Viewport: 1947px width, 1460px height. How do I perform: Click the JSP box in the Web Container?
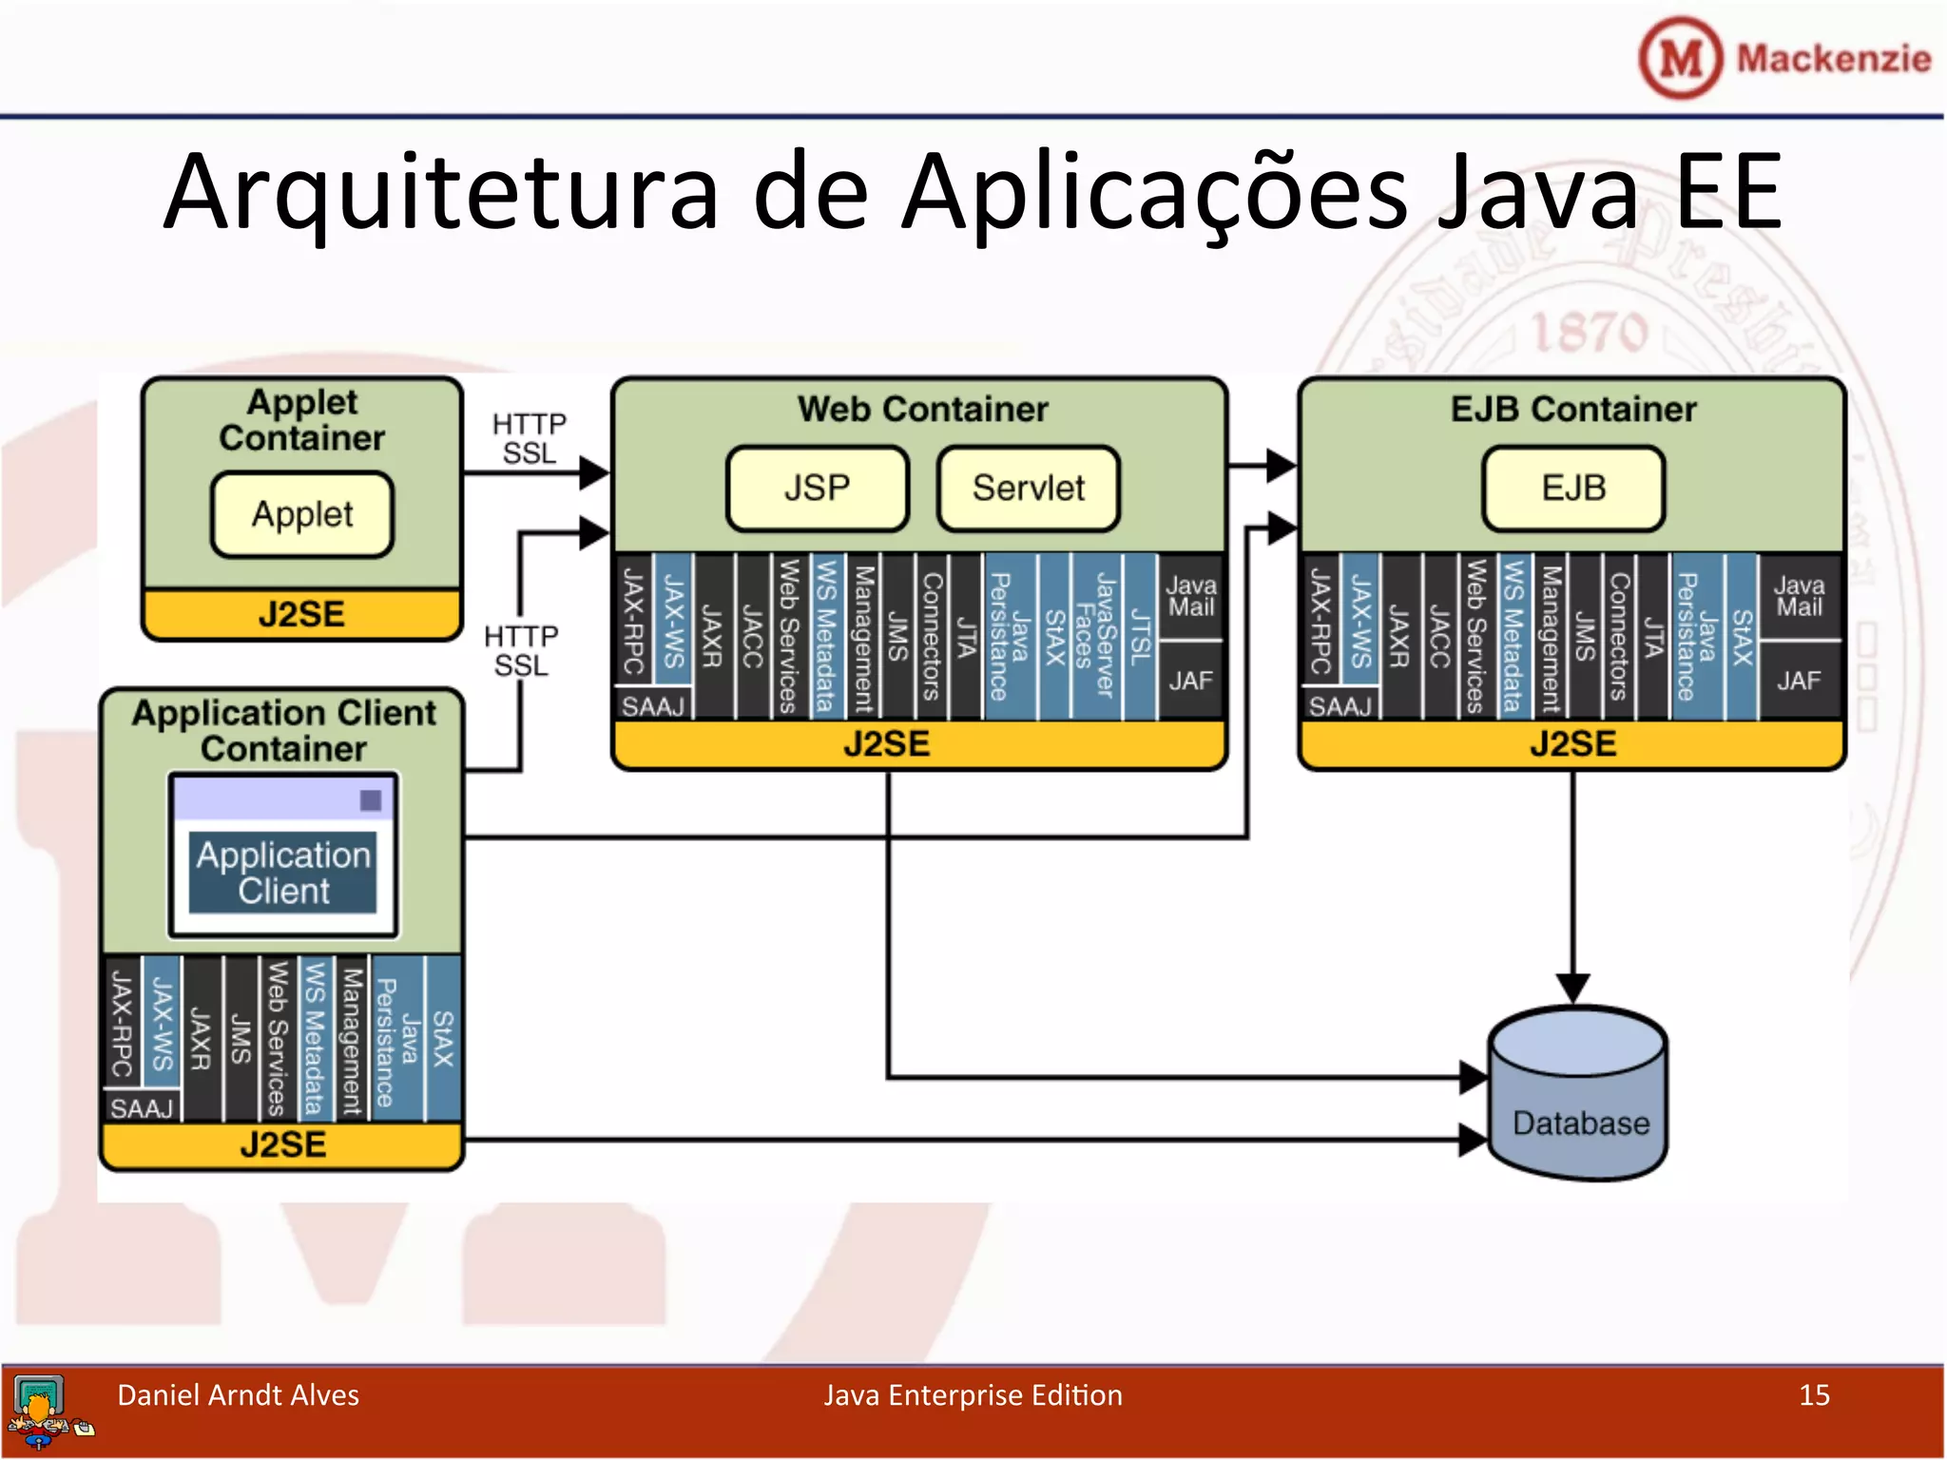[817, 489]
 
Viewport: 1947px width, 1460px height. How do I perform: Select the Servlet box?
[1028, 489]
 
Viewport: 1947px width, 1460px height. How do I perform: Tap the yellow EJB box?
[1573, 489]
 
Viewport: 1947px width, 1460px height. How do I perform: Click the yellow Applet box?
[302, 514]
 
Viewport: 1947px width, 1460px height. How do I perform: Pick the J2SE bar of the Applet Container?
[301, 614]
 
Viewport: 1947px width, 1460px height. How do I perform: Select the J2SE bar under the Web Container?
[887, 744]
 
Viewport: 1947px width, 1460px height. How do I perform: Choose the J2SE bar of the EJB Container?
[1572, 744]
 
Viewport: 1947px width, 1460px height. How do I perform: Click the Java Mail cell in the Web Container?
[1191, 597]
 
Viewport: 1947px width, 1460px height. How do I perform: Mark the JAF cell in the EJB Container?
[1799, 681]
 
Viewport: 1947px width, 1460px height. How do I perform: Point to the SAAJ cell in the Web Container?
[653, 706]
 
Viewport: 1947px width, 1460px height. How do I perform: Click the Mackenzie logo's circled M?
[1680, 59]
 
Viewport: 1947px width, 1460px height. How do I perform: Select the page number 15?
[1814, 1395]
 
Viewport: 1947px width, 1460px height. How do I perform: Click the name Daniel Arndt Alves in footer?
[238, 1395]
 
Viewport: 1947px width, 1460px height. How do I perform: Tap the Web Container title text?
[922, 410]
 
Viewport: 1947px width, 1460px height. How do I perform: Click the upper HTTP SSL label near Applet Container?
[530, 438]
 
